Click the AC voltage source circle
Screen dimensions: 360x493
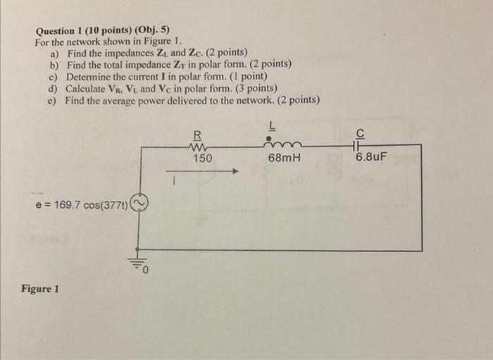[138, 204]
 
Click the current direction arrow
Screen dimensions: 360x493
[204, 170]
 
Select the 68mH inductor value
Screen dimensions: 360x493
[284, 159]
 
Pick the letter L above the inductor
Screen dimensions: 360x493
[272, 125]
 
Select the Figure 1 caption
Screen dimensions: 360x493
[40, 289]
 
